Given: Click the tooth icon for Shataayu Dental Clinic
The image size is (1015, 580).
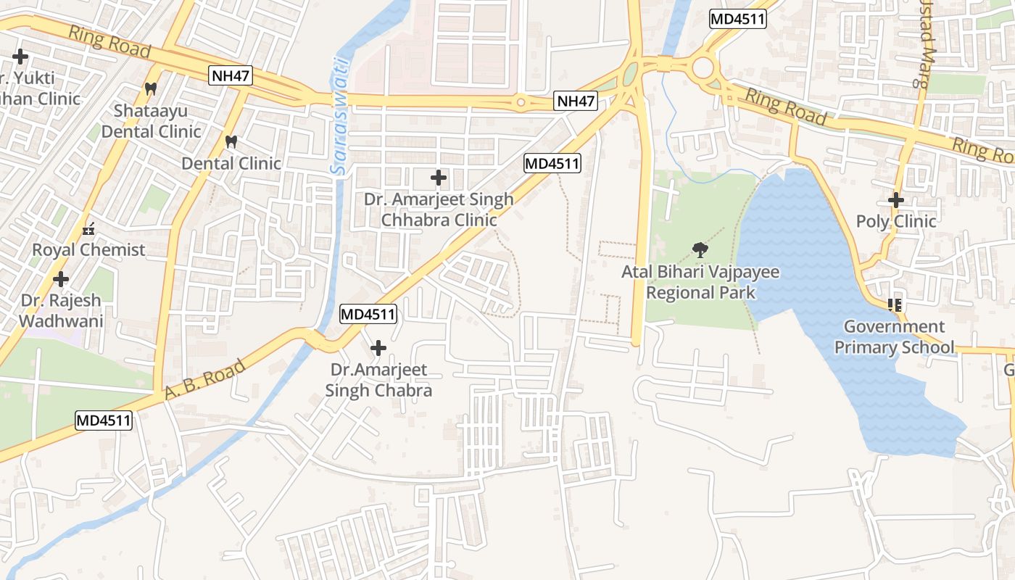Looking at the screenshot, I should click(x=151, y=89).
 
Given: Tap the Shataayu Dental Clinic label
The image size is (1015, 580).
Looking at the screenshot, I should click(x=151, y=121).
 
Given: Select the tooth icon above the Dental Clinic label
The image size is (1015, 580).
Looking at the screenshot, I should click(x=231, y=141).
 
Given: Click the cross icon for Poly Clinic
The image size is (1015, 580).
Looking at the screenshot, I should click(x=896, y=200).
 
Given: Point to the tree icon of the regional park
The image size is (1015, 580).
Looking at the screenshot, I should click(x=700, y=251).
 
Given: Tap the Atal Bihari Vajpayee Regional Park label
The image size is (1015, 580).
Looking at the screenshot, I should click(x=700, y=283).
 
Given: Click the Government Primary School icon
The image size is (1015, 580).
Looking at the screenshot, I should click(x=895, y=305).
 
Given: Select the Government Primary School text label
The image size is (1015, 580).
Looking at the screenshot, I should click(x=894, y=337).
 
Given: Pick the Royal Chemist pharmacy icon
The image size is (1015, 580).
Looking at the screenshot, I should click(x=88, y=229).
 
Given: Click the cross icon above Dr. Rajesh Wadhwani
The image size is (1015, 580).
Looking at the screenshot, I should click(x=61, y=278).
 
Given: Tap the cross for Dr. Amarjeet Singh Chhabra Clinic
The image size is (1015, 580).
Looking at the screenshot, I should click(x=438, y=177).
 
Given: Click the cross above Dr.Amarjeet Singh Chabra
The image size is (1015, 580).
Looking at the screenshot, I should click(x=378, y=349).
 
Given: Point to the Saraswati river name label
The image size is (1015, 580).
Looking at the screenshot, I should click(x=340, y=116).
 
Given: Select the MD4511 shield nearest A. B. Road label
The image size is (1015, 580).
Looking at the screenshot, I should click(x=104, y=420).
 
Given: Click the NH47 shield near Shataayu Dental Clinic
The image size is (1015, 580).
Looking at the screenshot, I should click(x=231, y=75).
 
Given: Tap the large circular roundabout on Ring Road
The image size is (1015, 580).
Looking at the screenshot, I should click(x=703, y=69).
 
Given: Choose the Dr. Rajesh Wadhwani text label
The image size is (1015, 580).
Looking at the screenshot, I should click(x=61, y=310).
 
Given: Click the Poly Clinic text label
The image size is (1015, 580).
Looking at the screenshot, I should click(x=896, y=221).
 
